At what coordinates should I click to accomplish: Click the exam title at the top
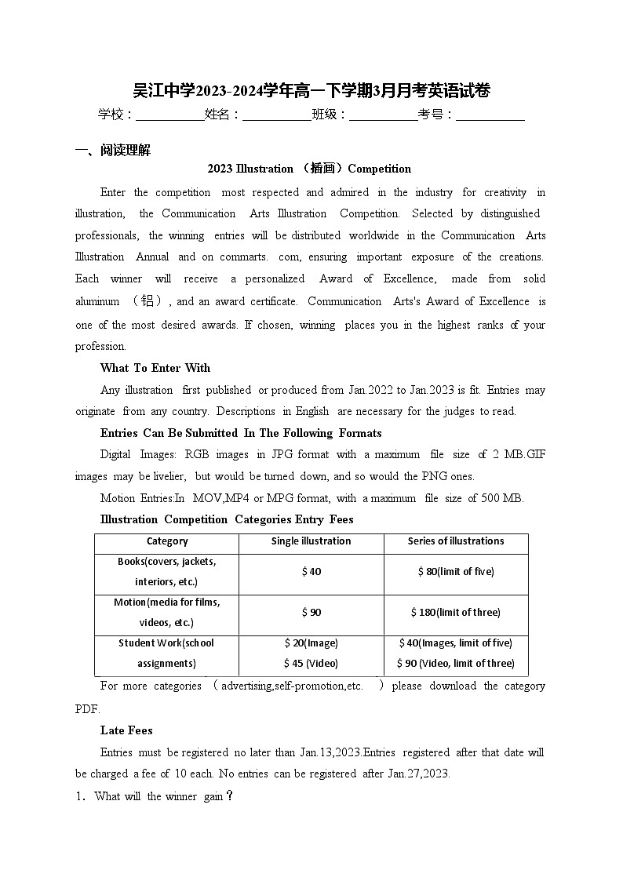click(311, 90)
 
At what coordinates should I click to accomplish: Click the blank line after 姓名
click(276, 116)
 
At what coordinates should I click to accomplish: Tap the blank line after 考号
click(490, 116)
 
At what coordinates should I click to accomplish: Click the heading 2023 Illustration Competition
click(309, 169)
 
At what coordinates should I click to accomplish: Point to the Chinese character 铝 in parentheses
click(147, 301)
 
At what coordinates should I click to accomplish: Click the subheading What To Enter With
click(155, 368)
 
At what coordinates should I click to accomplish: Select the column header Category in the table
click(167, 541)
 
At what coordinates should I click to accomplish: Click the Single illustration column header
click(311, 541)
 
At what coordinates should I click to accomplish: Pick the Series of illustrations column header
click(456, 541)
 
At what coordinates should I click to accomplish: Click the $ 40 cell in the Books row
click(311, 572)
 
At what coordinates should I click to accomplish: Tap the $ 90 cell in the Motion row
click(311, 613)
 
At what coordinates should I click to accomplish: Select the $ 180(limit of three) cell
click(456, 613)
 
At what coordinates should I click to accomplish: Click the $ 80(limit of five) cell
click(456, 572)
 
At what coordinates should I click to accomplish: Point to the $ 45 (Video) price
click(311, 664)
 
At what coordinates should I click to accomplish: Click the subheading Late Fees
click(126, 730)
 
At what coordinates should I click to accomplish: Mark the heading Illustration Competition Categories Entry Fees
click(227, 519)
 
